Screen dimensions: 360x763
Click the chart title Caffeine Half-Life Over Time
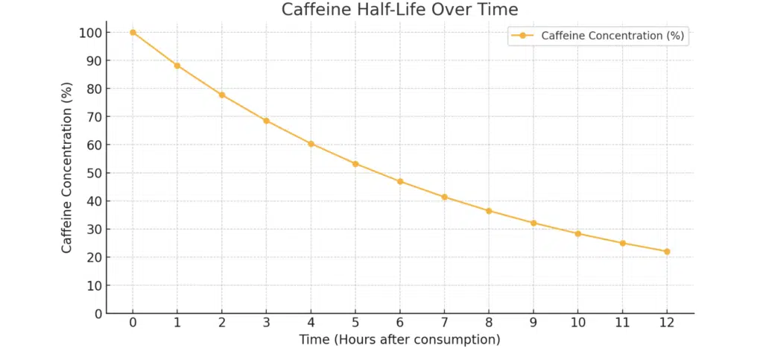click(399, 10)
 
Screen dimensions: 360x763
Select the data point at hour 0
click(133, 32)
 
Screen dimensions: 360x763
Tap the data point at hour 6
click(400, 181)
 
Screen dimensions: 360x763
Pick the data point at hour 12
click(667, 251)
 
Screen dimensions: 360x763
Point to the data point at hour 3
click(266, 121)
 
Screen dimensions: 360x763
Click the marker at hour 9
click(534, 223)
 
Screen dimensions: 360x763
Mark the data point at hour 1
click(177, 66)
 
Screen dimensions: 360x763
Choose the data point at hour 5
click(355, 164)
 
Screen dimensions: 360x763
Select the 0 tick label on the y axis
click(98, 314)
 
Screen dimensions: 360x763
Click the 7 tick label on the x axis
click(444, 323)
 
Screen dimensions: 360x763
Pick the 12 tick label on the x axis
click(667, 323)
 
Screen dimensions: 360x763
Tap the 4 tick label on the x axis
click(311, 323)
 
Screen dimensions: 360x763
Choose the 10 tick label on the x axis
click(577, 323)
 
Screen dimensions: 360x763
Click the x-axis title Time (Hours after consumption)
click(399, 340)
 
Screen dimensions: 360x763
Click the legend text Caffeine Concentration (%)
click(612, 35)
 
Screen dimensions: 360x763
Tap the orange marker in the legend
click(522, 35)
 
